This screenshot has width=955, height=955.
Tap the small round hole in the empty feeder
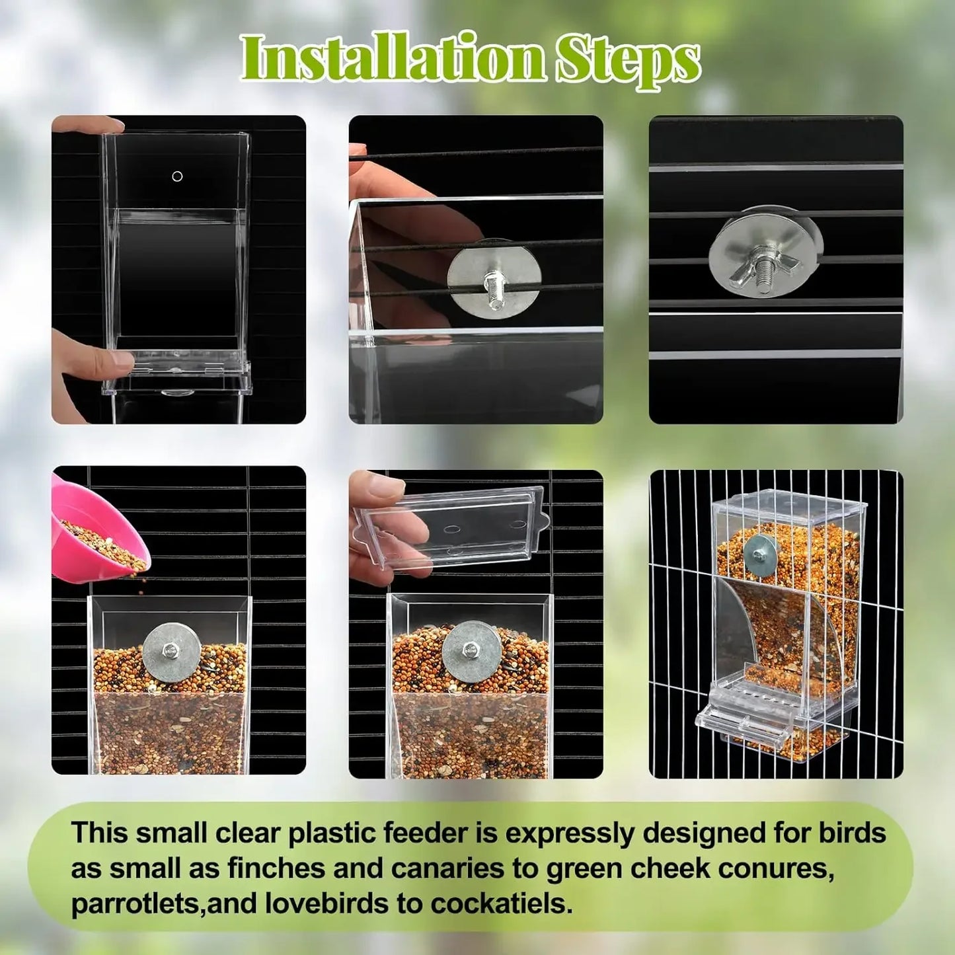click(177, 176)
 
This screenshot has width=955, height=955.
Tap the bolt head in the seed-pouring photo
click(172, 651)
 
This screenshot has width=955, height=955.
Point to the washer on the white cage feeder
click(761, 554)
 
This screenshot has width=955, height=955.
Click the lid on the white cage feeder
click(790, 506)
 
